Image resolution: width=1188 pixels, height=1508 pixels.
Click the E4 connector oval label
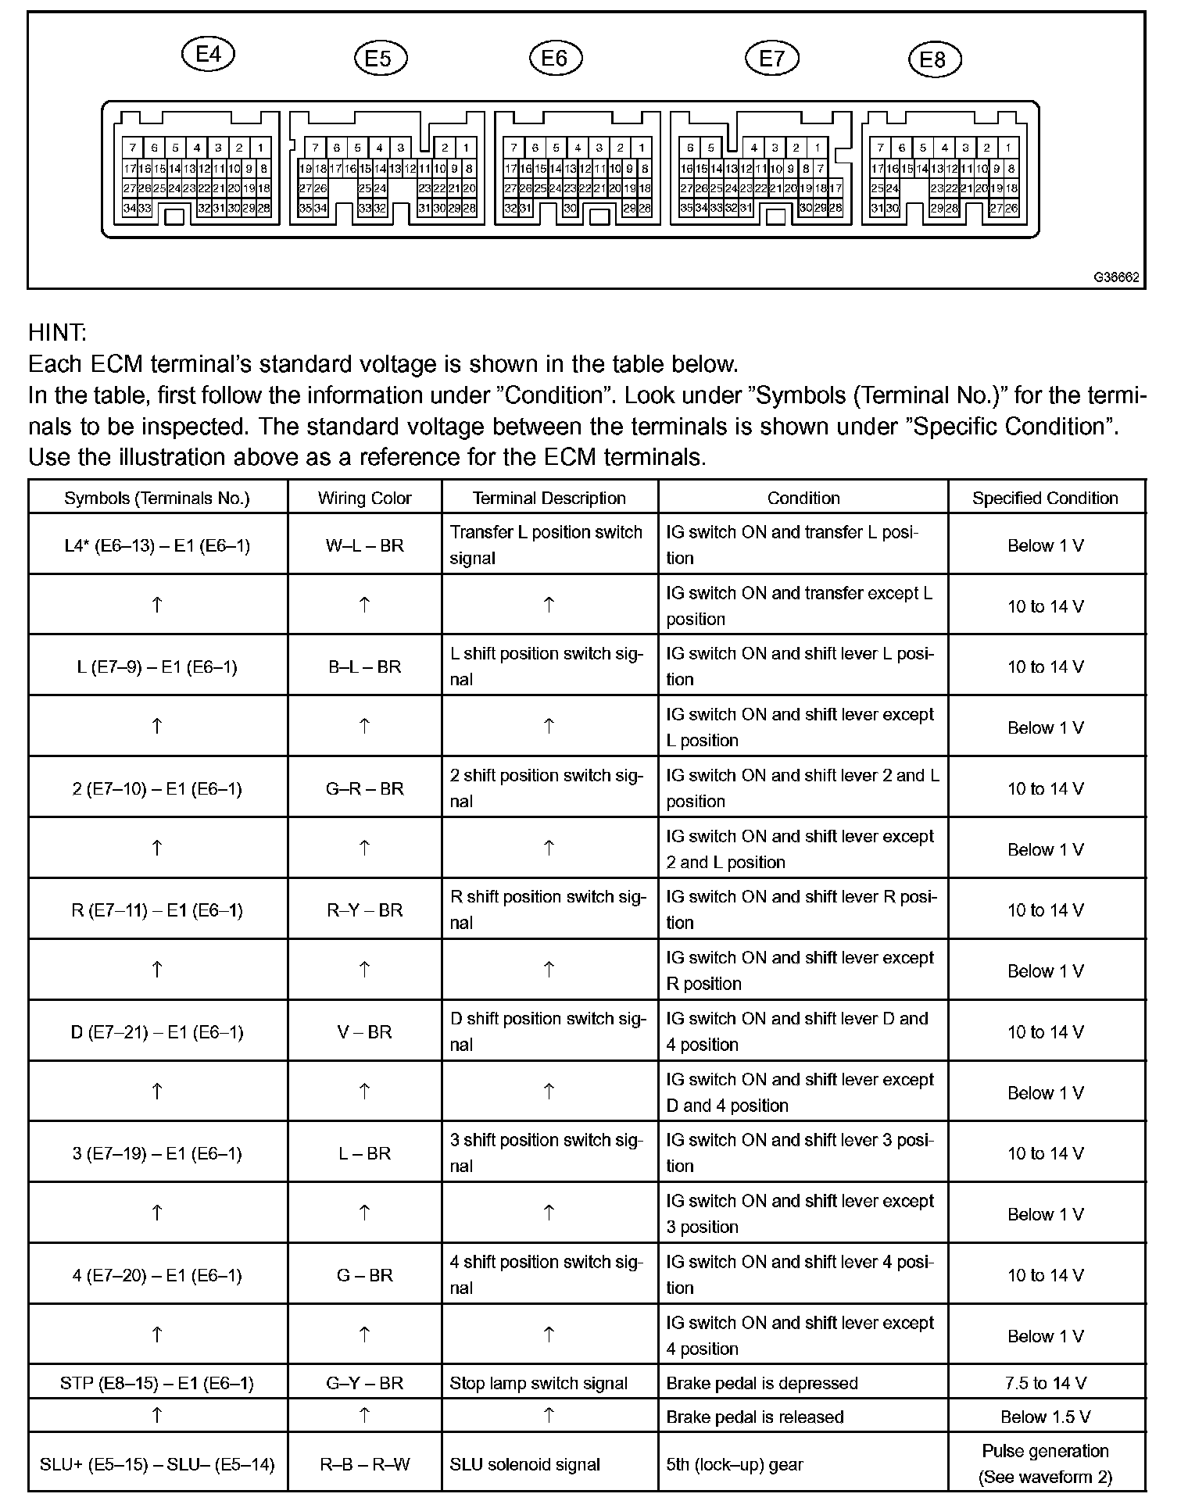(x=208, y=54)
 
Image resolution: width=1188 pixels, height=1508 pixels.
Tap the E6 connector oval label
(x=554, y=59)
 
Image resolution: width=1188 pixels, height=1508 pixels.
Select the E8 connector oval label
(x=933, y=60)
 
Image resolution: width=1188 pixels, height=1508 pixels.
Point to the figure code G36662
(x=1116, y=277)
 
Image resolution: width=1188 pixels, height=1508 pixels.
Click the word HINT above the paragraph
(x=57, y=333)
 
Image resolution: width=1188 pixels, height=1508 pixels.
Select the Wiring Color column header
(x=364, y=498)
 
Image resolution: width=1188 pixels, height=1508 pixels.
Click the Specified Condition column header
(x=1045, y=498)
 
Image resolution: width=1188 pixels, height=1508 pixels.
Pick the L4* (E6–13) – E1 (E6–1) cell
(x=157, y=545)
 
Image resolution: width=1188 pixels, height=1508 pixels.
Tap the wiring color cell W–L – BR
(x=364, y=545)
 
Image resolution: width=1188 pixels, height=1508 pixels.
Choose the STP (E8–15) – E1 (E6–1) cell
(x=157, y=1383)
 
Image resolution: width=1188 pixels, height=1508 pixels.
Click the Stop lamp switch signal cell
(x=539, y=1383)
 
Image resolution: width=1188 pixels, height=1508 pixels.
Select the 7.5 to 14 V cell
(x=1045, y=1383)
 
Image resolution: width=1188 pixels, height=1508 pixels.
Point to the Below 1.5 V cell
(x=1045, y=1417)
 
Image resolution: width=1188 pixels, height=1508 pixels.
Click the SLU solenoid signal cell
(x=524, y=1464)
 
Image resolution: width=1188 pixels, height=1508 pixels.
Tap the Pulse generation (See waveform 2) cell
(x=1045, y=1463)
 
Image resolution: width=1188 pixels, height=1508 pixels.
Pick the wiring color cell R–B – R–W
(x=364, y=1464)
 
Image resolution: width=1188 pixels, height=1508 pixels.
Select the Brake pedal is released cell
(x=755, y=1417)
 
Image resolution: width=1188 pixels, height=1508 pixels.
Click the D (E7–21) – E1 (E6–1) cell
(x=157, y=1032)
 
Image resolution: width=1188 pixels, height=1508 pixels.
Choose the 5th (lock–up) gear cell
(x=735, y=1464)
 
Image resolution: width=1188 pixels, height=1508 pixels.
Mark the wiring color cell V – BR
(x=364, y=1032)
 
